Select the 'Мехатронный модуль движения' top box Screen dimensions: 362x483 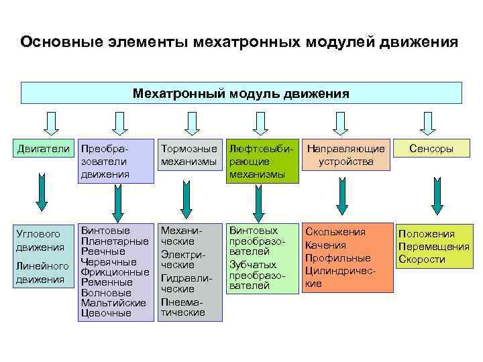[x=241, y=93]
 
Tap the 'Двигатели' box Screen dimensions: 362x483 [x=42, y=148]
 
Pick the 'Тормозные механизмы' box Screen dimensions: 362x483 [x=190, y=155]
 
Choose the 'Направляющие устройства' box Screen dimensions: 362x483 [x=346, y=155]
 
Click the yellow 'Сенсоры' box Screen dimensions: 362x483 [x=432, y=149]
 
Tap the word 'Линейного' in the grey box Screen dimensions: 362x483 [x=42, y=266]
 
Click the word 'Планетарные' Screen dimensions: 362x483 [x=115, y=241]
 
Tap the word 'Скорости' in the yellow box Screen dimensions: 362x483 [x=422, y=259]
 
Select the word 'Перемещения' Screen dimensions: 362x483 [x=433, y=246]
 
